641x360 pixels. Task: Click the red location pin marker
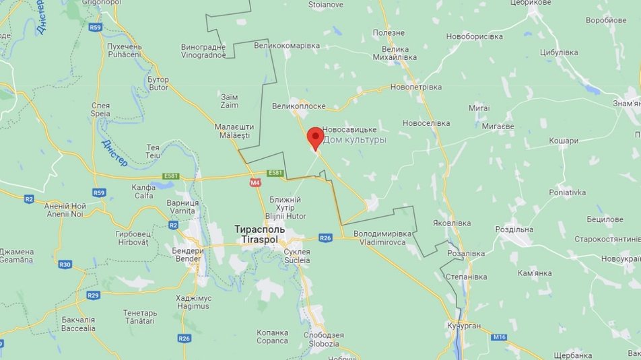(315, 137)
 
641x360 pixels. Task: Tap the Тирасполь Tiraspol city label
(259, 234)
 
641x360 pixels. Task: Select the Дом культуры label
(355, 140)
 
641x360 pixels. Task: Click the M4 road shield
(255, 182)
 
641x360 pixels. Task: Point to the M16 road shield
(499, 336)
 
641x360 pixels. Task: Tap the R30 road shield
(65, 264)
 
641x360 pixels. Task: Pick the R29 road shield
(93, 295)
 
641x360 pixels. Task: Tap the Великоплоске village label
(299, 106)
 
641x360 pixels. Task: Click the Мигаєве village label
(498, 126)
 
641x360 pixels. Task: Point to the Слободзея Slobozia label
(323, 339)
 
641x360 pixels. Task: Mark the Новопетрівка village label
(415, 87)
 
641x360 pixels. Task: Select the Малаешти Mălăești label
(234, 131)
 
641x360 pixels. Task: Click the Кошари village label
(564, 141)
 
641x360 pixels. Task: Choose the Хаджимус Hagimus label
(193, 302)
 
